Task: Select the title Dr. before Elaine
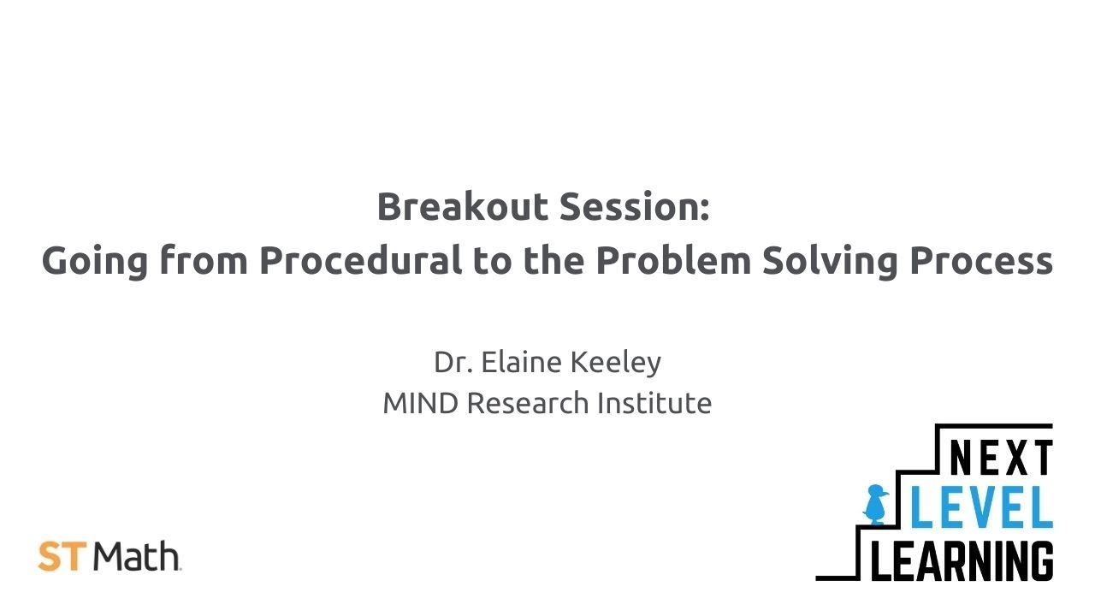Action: click(453, 362)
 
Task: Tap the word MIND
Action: click(421, 403)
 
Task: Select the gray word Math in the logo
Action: click(137, 557)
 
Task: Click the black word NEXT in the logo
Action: click(1001, 459)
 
